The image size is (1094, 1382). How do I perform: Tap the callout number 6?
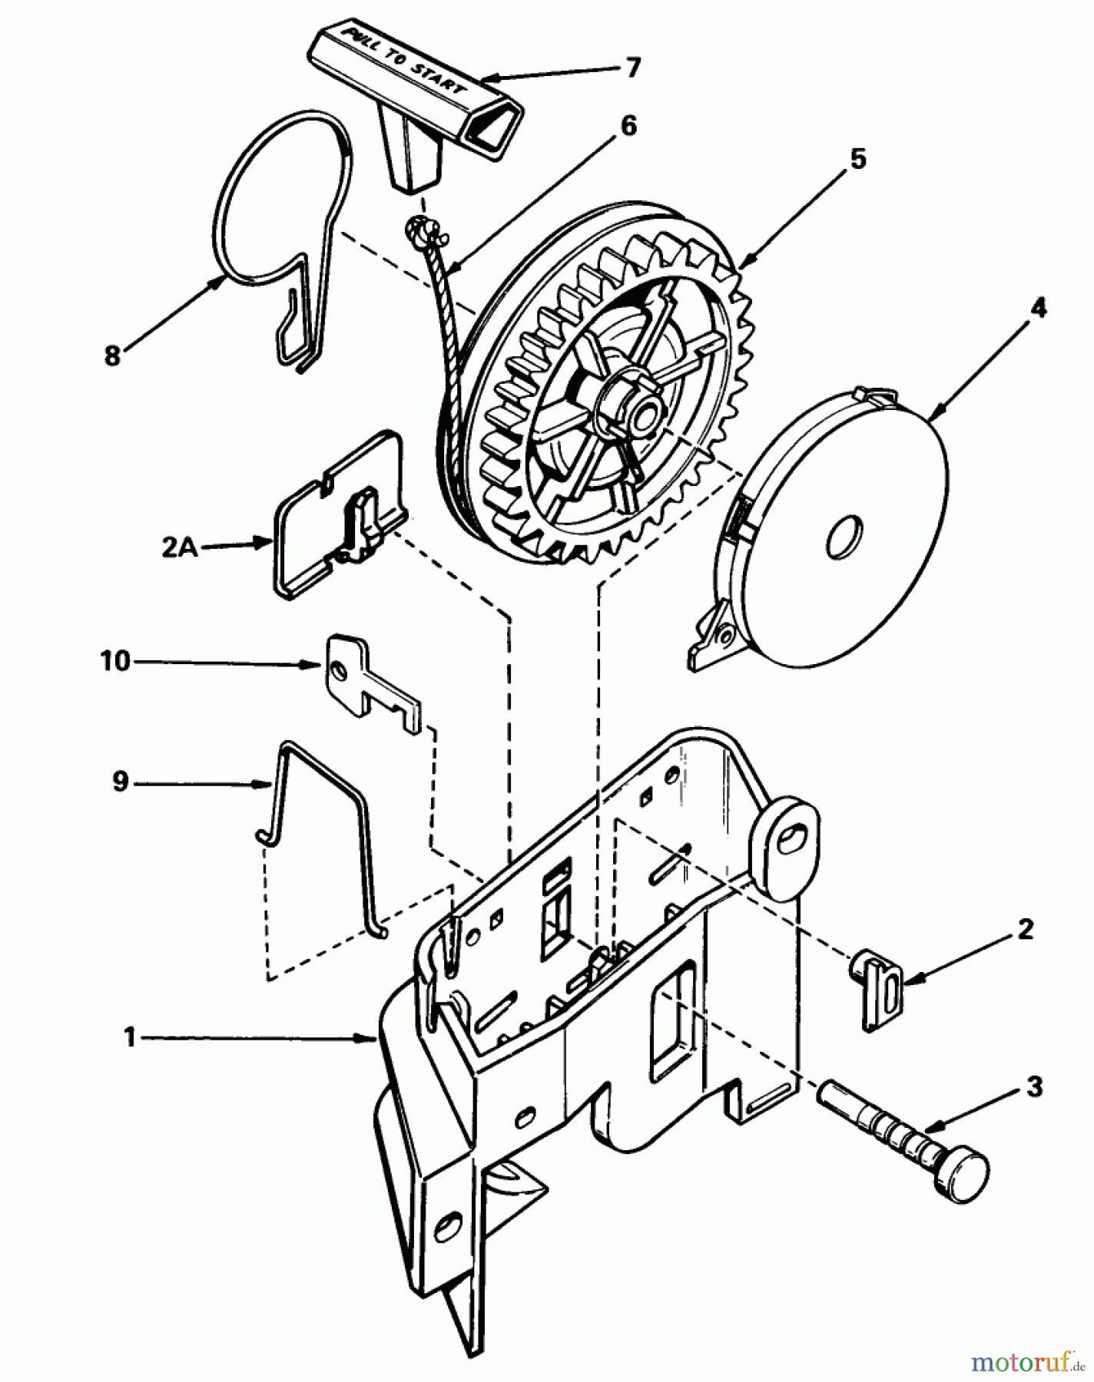coord(628,125)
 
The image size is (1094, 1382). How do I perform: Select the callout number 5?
coord(857,160)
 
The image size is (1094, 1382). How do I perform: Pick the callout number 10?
coord(115,661)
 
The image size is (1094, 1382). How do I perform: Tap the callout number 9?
coord(120,783)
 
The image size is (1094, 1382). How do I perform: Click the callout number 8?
coord(113,356)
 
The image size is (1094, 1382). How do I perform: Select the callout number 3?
coord(1034,1086)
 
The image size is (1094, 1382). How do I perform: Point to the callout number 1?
coord(131,1038)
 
